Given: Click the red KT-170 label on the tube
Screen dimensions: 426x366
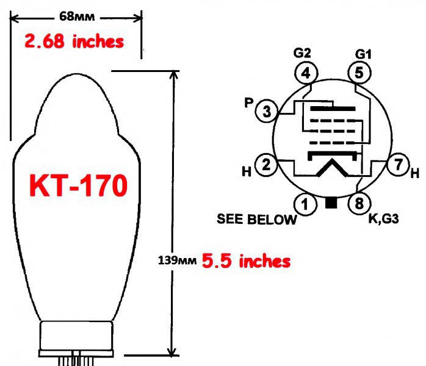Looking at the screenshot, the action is pyautogui.click(x=78, y=185).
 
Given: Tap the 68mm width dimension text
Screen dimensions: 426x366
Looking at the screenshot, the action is pyautogui.click(x=77, y=17).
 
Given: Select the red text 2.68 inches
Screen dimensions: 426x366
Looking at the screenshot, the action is pyautogui.click(x=74, y=41).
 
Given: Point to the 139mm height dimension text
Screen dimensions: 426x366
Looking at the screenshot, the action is pyautogui.click(x=177, y=260).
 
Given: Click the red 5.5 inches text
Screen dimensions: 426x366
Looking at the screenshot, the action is pyautogui.click(x=246, y=261).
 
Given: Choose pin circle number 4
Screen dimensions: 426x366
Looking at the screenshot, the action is pyautogui.click(x=306, y=73).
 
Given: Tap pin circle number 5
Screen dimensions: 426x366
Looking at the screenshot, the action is pyautogui.click(x=359, y=73).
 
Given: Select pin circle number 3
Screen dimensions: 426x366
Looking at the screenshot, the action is pyautogui.click(x=267, y=111).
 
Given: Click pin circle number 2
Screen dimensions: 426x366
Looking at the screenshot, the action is pyautogui.click(x=266, y=165).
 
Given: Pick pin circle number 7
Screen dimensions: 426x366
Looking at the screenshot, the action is pyautogui.click(x=399, y=164).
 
